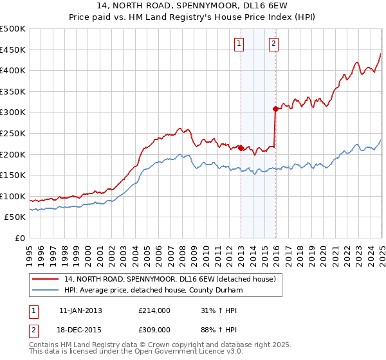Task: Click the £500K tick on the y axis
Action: click(14, 29)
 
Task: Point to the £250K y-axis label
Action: click(14, 133)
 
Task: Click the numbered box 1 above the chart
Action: click(239, 44)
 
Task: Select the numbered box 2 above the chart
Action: click(273, 44)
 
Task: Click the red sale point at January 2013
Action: click(241, 148)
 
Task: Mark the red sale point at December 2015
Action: click(275, 109)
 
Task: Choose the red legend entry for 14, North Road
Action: click(170, 279)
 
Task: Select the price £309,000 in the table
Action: click(154, 329)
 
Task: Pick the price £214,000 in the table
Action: click(154, 310)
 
